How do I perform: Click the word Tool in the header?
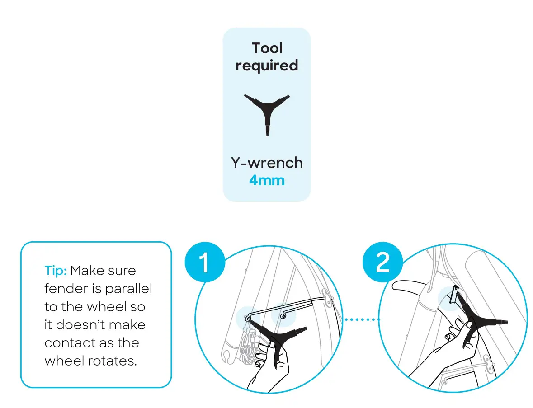click(267, 48)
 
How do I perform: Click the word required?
click(267, 66)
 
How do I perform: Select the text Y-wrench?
click(267, 162)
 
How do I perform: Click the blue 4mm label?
click(267, 181)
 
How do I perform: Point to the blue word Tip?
click(56, 271)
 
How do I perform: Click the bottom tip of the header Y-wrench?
click(267, 134)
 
